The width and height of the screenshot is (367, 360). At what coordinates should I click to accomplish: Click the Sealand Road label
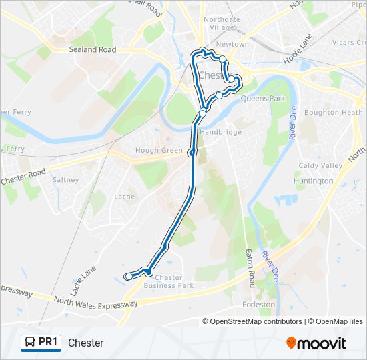tap(93, 49)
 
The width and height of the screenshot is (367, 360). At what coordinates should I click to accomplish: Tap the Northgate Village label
tap(222, 24)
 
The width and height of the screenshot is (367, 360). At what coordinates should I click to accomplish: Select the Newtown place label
tap(232, 44)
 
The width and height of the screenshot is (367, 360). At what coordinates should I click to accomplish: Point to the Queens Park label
tap(262, 99)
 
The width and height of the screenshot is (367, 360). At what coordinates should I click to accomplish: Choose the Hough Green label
tap(159, 151)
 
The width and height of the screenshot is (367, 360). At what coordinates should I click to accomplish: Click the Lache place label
tap(124, 197)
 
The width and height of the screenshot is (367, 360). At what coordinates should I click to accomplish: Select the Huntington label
tap(314, 181)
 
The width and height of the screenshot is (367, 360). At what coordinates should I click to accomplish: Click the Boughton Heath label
tap(334, 113)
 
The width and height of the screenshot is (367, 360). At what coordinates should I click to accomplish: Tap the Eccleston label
tap(258, 304)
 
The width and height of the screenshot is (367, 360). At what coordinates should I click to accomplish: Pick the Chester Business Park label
tap(169, 282)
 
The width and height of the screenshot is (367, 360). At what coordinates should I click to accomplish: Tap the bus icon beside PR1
tap(30, 343)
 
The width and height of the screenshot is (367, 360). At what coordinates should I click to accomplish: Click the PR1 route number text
tap(49, 343)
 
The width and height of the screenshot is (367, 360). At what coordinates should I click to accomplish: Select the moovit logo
tap(316, 343)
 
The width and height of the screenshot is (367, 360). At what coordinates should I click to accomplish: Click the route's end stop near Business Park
tap(128, 276)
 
